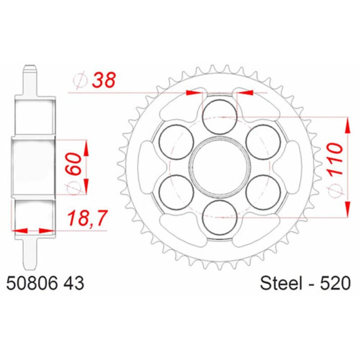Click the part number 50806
(29, 284)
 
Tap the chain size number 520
(333, 284)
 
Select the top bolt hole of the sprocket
(219, 117)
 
